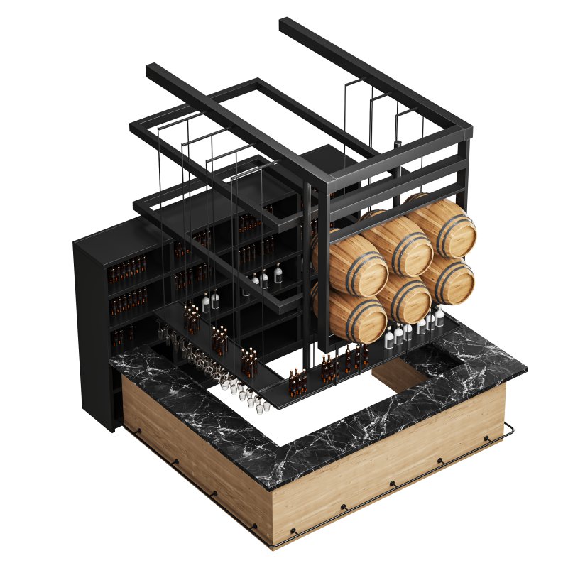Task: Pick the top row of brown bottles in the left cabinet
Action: [x=128, y=271]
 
